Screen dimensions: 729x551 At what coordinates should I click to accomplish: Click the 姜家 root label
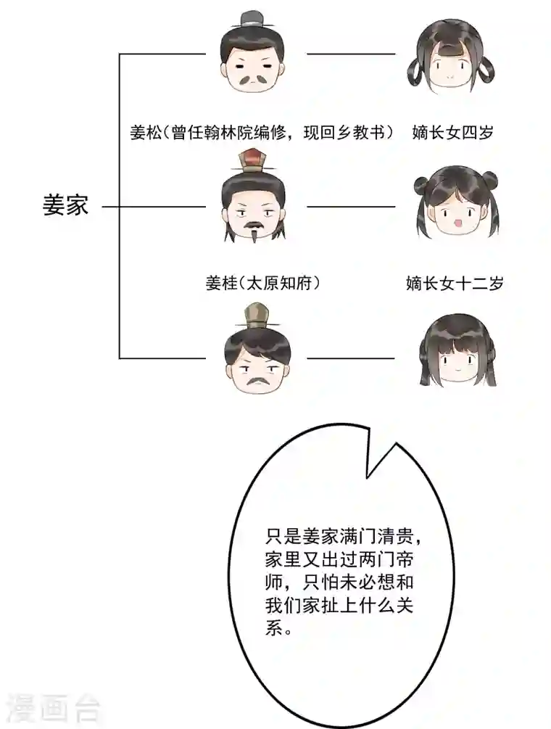tap(65, 205)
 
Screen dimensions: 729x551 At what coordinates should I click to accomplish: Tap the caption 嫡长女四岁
tap(452, 133)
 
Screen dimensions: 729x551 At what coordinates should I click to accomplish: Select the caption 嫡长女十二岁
tap(455, 284)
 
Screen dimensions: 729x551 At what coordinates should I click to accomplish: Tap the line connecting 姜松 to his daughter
tap(352, 54)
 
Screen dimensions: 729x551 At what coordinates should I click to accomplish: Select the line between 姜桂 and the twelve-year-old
tap(352, 207)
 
